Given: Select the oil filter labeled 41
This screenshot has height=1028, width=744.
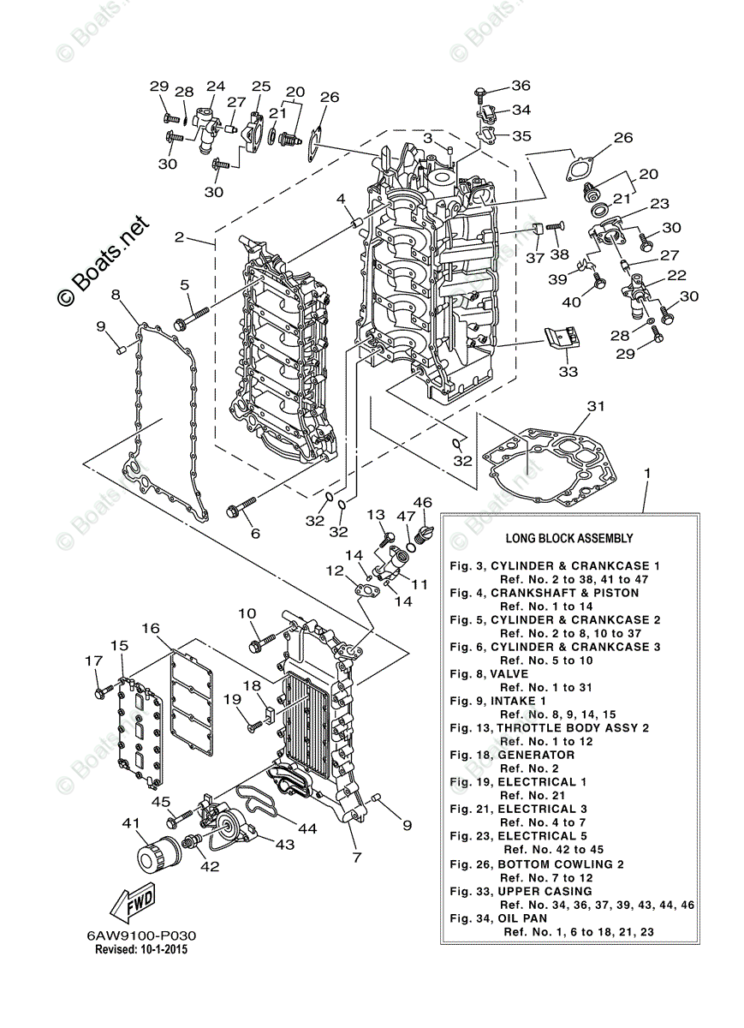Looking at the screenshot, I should pos(156,853).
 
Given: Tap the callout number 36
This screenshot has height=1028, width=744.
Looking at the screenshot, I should pos(521,85).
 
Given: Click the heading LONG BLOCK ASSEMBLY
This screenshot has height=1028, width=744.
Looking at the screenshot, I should pos(569,539).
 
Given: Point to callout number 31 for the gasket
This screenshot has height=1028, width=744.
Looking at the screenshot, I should pos(596,405).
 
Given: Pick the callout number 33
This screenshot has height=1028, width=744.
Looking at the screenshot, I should pos(568,371).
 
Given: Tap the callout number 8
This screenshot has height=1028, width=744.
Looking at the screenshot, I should pos(116,296).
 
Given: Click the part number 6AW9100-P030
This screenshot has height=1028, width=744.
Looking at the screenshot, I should pos(135,936).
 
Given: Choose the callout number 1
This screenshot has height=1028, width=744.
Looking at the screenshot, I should pos(647,472).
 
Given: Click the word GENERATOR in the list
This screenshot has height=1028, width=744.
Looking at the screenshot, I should pos(536,755).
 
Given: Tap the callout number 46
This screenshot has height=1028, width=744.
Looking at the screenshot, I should pos(423,502).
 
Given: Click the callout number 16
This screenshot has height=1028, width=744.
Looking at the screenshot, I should pos(151,628).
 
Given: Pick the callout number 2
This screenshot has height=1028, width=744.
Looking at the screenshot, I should pos(179,237).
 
